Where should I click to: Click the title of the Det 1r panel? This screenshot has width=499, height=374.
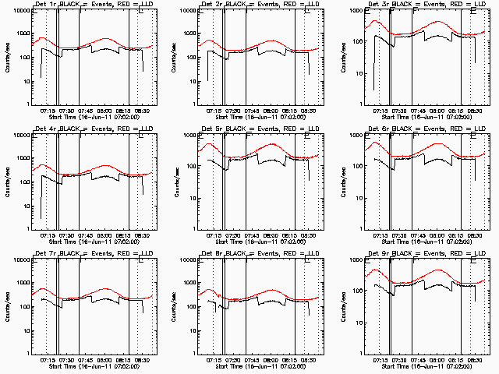pyautogui.click(x=90, y=5)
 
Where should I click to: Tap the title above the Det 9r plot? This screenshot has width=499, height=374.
pyautogui.click(x=423, y=253)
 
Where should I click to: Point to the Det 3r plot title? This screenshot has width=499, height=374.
pyautogui.click(x=423, y=5)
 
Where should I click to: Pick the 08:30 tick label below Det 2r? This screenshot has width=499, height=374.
pyautogui.click(x=309, y=110)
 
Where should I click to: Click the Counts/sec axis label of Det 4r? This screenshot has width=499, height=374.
pyautogui.click(x=9, y=182)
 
